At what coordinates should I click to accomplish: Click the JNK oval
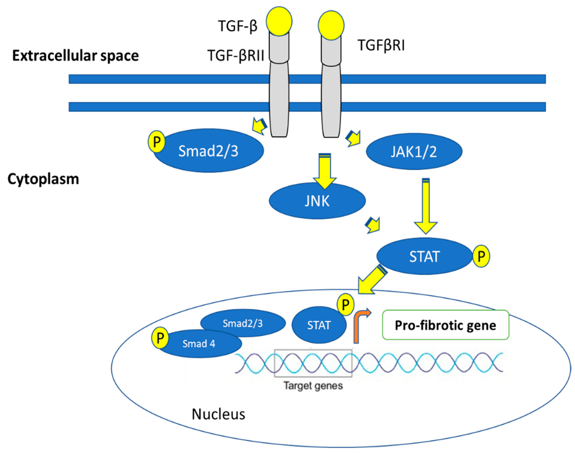click(x=317, y=201)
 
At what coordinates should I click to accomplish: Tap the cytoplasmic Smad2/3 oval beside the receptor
click(x=208, y=151)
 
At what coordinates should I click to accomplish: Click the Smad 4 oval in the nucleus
click(x=199, y=344)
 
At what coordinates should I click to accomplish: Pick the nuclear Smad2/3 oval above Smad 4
click(x=243, y=323)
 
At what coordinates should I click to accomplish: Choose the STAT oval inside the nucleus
click(x=319, y=325)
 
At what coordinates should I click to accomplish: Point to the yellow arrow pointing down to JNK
click(x=325, y=171)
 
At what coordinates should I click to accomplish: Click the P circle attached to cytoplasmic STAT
click(x=481, y=256)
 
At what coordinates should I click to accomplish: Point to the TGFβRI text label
click(x=381, y=45)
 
